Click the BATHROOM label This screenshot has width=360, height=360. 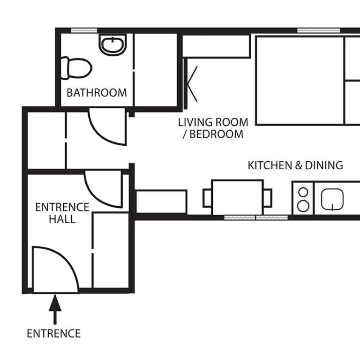[x=97, y=92]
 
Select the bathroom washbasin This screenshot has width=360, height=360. [x=112, y=45]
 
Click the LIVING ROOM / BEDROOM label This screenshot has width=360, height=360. [x=213, y=128]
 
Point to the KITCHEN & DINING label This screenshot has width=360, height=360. [x=295, y=165]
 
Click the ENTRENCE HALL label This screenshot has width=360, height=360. [x=62, y=213]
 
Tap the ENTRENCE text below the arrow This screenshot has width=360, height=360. [x=53, y=334]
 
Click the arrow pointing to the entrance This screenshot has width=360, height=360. [x=55, y=309]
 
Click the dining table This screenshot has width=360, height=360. [x=237, y=197]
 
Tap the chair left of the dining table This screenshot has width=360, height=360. [x=207, y=197]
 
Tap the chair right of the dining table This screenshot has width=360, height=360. [x=268, y=197]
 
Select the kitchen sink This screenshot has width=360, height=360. [x=333, y=200]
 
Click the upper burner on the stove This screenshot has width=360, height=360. [x=303, y=192]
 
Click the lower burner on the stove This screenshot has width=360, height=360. [x=303, y=205]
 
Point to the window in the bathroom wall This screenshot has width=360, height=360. [x=84, y=30]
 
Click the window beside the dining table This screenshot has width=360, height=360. [x=255, y=217]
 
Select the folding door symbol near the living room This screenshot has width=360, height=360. [x=191, y=85]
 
